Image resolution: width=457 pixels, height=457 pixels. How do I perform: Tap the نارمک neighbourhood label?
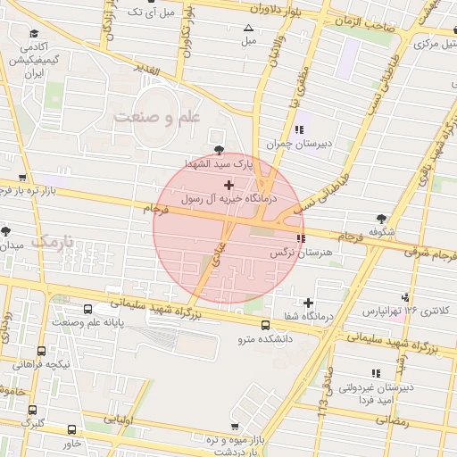[54, 242]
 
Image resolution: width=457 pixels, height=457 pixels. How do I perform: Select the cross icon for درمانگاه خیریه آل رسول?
[229, 186]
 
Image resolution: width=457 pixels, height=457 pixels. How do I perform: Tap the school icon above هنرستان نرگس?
[300, 238]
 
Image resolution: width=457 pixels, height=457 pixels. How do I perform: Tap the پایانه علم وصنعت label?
[95, 322]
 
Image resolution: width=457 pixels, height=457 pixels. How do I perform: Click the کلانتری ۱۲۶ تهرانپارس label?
[407, 312]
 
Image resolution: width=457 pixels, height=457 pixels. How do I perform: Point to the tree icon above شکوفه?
[381, 219]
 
